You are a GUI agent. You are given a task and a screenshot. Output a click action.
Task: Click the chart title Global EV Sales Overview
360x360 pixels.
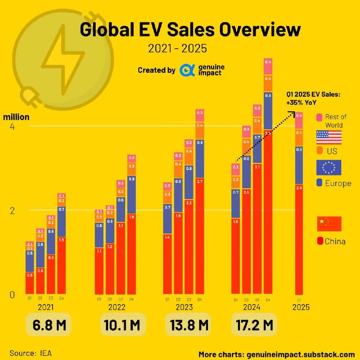point(189,30)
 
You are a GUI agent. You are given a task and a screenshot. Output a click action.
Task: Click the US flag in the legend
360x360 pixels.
point(329,137)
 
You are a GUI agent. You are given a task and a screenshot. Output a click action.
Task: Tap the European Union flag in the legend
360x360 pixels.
point(329,167)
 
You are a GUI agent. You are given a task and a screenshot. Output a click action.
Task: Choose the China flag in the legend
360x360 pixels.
point(329,224)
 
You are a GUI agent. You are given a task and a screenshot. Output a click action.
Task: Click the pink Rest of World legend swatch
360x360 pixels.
point(319,117)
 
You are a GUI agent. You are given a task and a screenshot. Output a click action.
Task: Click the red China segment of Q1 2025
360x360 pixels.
point(298,238)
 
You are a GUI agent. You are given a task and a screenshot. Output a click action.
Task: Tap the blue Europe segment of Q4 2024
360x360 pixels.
point(268,111)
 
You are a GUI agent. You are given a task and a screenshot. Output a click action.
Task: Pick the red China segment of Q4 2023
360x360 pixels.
point(200,236)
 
